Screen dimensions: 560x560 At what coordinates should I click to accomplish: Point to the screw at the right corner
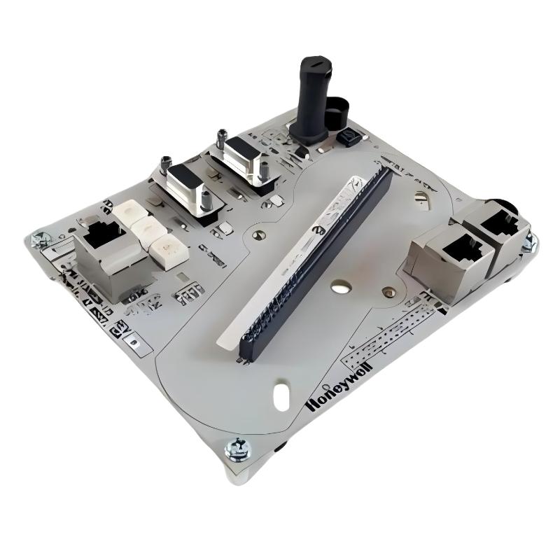(x=529, y=241)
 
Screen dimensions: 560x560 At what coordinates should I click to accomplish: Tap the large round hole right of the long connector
(x=342, y=286)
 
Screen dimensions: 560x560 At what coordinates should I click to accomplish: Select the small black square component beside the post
(x=346, y=136)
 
